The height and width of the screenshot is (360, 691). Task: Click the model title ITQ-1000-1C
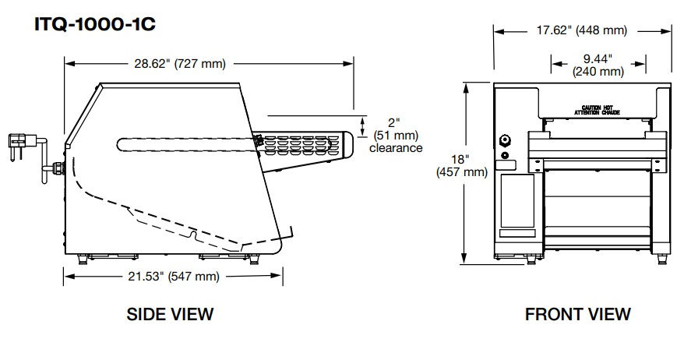point(95,24)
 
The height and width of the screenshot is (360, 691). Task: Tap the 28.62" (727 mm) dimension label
point(180,64)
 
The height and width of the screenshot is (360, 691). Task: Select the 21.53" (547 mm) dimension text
point(174,277)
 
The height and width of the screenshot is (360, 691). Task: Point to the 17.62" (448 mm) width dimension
point(582,30)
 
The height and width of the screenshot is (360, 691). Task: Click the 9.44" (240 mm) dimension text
point(598,65)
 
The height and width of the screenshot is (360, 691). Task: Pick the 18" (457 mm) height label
point(462,165)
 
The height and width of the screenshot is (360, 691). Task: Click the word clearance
point(396,148)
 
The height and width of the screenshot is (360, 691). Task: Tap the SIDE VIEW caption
point(170,314)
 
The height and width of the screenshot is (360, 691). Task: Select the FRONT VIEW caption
point(578,314)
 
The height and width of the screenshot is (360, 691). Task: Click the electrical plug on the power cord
point(18,145)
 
